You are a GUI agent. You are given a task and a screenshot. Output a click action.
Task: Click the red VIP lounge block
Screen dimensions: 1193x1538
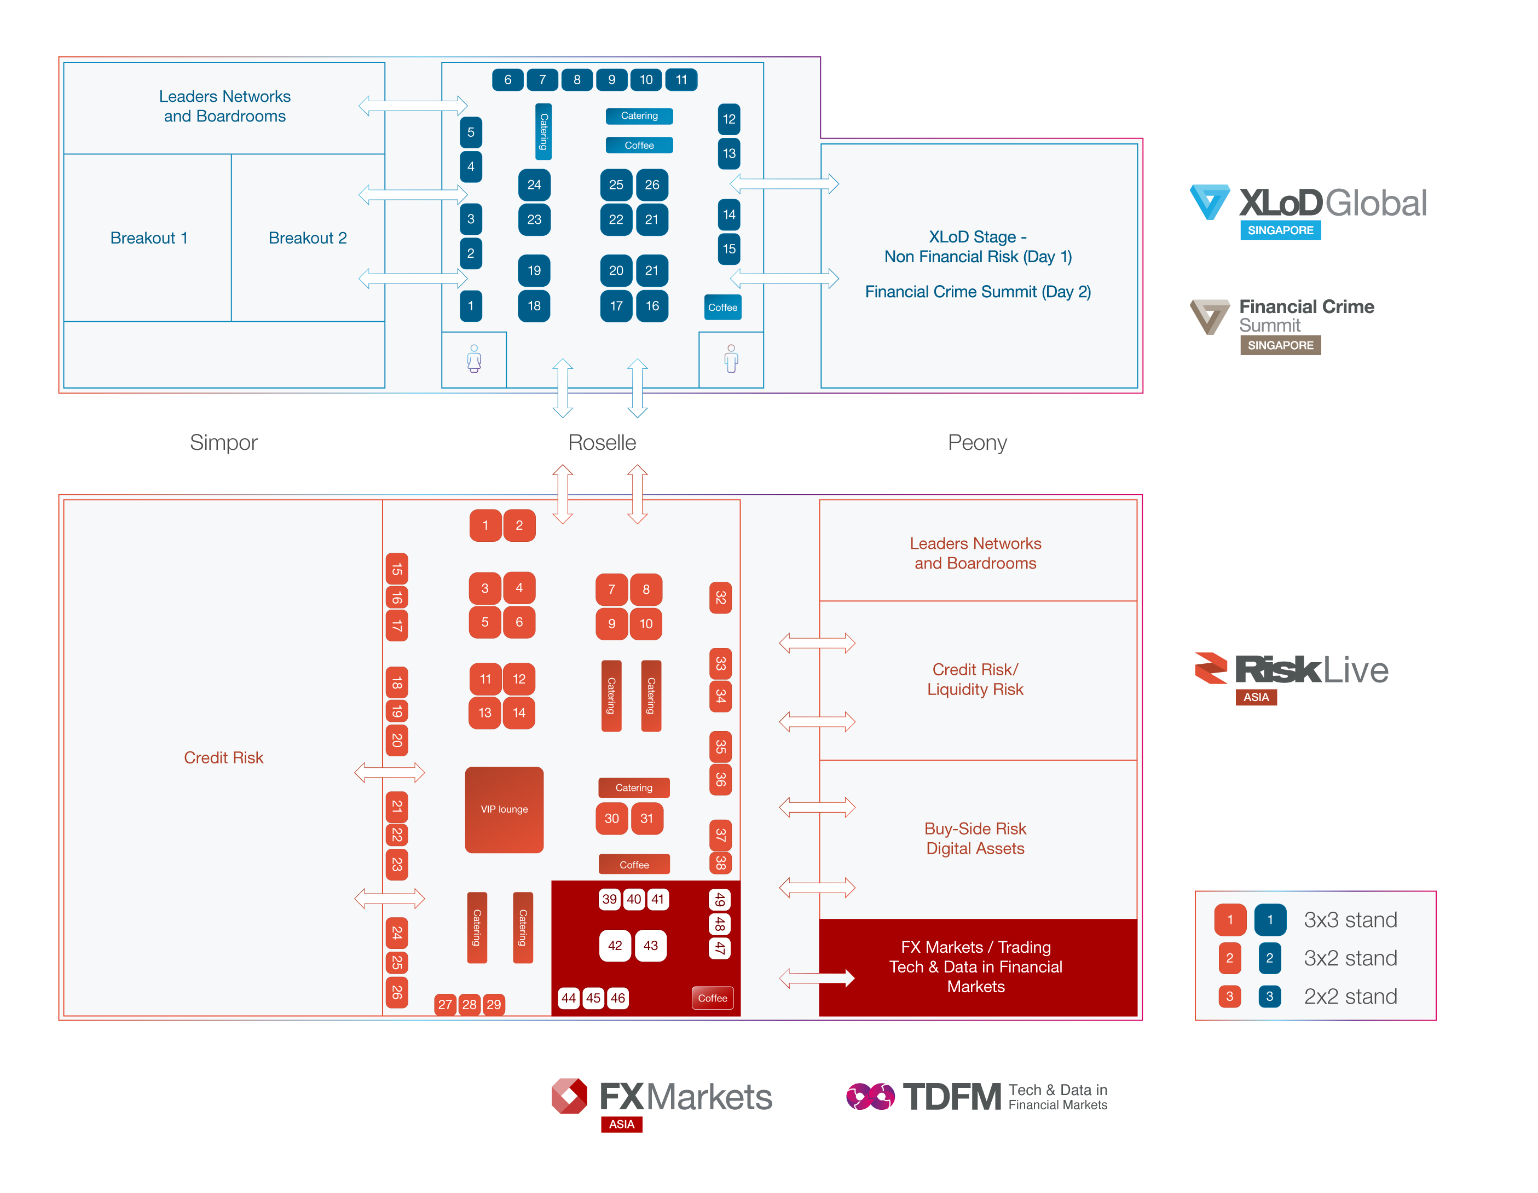(504, 809)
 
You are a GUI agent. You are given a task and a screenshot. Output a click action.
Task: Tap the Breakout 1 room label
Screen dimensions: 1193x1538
(148, 238)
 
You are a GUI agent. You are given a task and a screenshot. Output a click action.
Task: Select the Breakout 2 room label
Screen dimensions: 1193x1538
(307, 238)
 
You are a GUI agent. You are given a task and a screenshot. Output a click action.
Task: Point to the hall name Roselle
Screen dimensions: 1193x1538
(602, 442)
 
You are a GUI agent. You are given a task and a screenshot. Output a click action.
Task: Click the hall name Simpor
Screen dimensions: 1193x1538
(223, 442)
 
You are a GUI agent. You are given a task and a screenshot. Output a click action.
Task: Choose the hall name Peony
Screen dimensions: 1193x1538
(977, 442)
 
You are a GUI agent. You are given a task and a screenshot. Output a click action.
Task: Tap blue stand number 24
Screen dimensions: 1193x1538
(534, 184)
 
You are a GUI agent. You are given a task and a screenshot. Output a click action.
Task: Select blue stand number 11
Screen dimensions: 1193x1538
(681, 79)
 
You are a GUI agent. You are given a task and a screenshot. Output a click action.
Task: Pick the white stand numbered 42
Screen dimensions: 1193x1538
(615, 945)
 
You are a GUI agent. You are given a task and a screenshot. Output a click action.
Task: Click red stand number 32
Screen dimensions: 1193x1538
(720, 598)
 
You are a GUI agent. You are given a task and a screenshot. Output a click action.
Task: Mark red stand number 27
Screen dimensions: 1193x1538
(445, 1004)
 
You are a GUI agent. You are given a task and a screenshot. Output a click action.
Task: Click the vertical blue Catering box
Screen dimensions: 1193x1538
(543, 132)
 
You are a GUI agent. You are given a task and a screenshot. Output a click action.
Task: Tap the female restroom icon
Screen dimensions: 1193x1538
(474, 358)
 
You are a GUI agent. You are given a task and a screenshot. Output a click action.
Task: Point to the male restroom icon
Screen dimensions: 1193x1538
(731, 358)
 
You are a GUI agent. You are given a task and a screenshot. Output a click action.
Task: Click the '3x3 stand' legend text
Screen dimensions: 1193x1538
(1350, 920)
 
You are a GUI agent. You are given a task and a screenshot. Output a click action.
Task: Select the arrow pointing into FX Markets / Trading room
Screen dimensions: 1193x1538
(817, 977)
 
